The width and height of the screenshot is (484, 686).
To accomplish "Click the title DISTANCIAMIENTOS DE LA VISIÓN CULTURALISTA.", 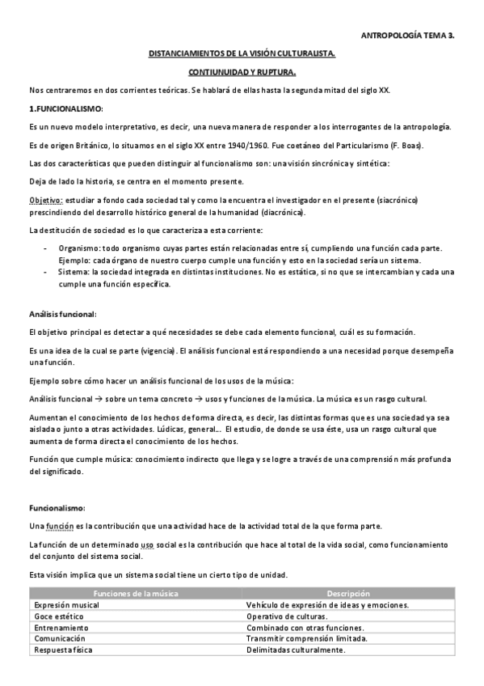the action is [x=242, y=54].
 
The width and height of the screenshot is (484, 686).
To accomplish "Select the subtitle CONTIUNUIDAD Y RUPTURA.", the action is [x=242, y=72].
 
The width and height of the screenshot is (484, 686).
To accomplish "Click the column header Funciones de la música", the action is [x=136, y=594].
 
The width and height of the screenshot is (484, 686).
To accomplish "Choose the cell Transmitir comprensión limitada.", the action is [x=308, y=638].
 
